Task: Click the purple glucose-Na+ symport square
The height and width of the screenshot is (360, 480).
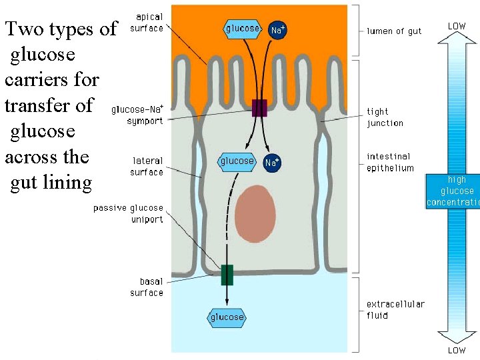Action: (x=259, y=108)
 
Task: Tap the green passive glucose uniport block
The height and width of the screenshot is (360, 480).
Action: (x=227, y=275)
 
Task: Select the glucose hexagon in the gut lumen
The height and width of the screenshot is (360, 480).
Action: (x=243, y=29)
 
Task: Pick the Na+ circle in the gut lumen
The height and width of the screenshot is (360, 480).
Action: (x=278, y=30)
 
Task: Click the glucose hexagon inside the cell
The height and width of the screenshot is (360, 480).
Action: (x=237, y=161)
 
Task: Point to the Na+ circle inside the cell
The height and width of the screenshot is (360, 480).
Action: (x=272, y=162)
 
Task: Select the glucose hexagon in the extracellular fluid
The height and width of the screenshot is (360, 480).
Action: (x=227, y=317)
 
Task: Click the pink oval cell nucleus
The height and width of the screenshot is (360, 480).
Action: (x=255, y=214)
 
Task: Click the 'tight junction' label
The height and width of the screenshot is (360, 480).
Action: (x=385, y=117)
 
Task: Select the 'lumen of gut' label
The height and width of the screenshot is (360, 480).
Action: (x=394, y=31)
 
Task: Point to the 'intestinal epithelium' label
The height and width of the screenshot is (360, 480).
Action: (x=390, y=163)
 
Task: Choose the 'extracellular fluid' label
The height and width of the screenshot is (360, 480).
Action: (x=395, y=309)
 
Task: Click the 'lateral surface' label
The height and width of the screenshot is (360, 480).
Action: (x=147, y=167)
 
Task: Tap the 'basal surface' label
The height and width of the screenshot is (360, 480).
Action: (x=147, y=287)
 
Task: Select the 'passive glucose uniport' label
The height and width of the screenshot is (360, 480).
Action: (x=128, y=214)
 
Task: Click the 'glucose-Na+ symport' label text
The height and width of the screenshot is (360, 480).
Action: (x=137, y=115)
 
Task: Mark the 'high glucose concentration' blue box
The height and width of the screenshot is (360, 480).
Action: (x=453, y=191)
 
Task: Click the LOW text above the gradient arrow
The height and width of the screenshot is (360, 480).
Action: (x=457, y=26)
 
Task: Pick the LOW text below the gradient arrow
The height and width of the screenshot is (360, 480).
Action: (x=457, y=350)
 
